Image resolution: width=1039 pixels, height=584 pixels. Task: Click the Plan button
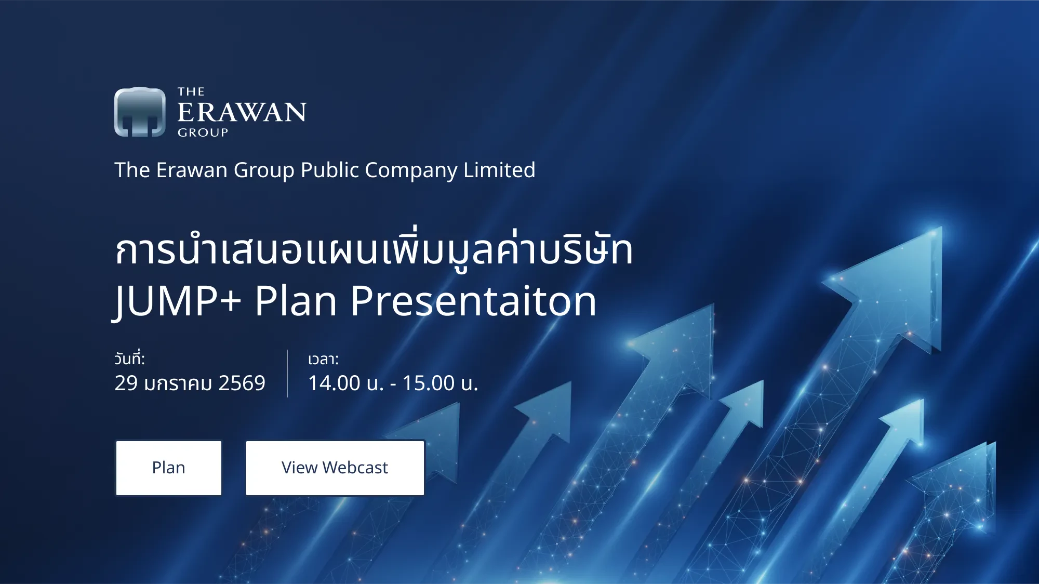(x=169, y=468)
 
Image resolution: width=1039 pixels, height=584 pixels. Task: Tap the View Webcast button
(x=335, y=468)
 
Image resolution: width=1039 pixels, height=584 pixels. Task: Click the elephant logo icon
(x=140, y=112)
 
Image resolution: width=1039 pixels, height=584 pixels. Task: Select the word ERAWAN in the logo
(x=242, y=112)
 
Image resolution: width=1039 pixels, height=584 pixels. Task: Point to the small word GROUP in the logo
(x=203, y=132)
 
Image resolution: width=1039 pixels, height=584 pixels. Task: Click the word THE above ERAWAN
(x=191, y=92)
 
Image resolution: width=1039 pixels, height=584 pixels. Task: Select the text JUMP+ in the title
(x=177, y=301)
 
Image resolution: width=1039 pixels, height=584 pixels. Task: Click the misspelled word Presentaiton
(x=473, y=301)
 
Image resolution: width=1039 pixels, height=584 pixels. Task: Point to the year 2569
(x=242, y=383)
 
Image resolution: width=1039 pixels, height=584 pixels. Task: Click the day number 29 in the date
(x=126, y=383)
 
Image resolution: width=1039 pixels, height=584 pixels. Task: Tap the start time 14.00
(x=334, y=383)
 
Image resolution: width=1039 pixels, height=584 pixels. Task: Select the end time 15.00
(x=429, y=383)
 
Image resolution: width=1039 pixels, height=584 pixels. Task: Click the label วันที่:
(x=129, y=359)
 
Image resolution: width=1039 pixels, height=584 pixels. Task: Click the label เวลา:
(x=323, y=359)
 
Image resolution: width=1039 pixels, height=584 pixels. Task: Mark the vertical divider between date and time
(x=287, y=374)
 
